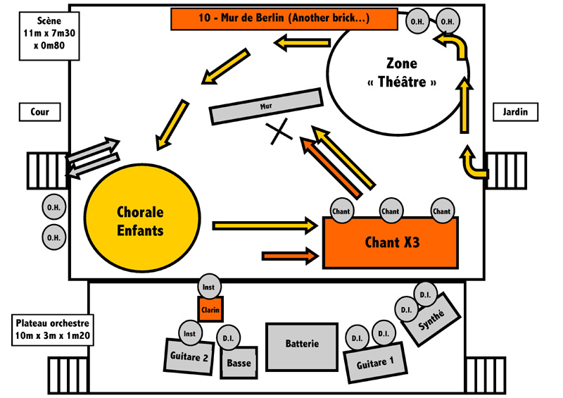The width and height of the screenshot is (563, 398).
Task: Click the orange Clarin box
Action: (210, 310)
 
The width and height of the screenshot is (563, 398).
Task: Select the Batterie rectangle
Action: (302, 347)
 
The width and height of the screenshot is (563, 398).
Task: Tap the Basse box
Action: (239, 363)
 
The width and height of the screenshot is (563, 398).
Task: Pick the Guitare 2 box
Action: (189, 356)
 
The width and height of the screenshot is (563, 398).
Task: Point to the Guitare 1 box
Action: (375, 362)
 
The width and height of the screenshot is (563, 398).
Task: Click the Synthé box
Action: (431, 319)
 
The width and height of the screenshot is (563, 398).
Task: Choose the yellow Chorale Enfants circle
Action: (142, 218)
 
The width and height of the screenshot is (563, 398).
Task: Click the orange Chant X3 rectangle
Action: (391, 242)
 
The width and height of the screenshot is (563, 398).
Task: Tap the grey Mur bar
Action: (266, 106)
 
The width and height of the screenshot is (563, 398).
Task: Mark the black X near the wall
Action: (279, 132)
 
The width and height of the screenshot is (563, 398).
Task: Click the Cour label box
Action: (40, 112)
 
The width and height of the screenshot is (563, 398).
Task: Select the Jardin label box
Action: (515, 112)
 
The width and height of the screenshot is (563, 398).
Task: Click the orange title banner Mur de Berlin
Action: (284, 18)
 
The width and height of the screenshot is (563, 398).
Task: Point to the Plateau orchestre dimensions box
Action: (52, 330)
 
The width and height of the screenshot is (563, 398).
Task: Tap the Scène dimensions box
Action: (49, 36)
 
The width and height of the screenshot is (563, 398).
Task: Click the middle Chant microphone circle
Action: (391, 211)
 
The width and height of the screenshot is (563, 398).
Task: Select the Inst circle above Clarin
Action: (209, 287)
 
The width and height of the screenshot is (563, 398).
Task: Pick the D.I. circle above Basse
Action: (228, 338)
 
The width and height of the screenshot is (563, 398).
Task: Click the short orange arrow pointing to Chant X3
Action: (291, 256)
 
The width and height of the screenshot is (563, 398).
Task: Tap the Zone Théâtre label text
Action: (402, 73)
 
